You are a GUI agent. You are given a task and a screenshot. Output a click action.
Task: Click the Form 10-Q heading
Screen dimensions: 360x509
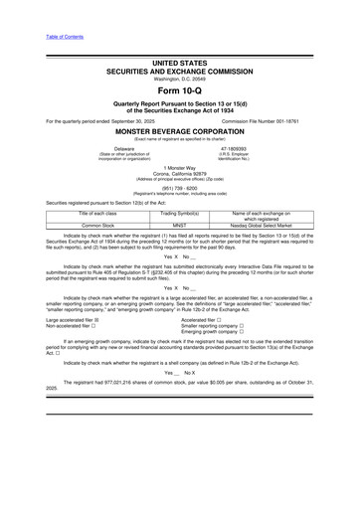[x=180, y=90]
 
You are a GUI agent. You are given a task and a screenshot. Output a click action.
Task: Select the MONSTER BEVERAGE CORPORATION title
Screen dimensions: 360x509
[x=180, y=130]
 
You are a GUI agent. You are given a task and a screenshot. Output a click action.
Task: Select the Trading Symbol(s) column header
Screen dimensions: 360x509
[x=180, y=215]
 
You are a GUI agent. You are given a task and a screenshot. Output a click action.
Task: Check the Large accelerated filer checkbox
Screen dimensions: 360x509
[x=101, y=321]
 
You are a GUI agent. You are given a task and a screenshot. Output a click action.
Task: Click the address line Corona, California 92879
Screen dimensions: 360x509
[x=180, y=175]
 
